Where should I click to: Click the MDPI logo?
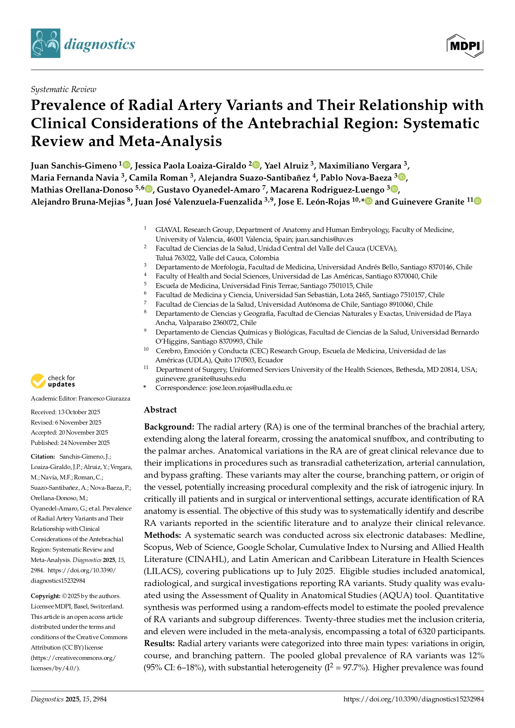tap(465, 45)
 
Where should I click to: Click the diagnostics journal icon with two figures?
tap(45, 43)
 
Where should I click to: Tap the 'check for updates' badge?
tap(53, 381)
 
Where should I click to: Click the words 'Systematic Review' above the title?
tap(63, 89)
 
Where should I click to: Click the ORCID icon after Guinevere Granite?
tap(478, 201)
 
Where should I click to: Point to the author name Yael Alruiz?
tap(286, 166)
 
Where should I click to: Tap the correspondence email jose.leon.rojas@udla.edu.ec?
tap(251, 388)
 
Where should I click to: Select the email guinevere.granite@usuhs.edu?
tap(201, 379)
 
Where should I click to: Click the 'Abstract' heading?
tap(160, 410)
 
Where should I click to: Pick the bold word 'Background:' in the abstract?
tap(169, 427)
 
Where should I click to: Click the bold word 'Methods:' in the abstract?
tap(162, 535)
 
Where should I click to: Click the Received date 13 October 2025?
tap(79, 412)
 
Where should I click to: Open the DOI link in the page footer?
tap(413, 699)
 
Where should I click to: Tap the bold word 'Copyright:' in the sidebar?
tap(45, 596)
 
